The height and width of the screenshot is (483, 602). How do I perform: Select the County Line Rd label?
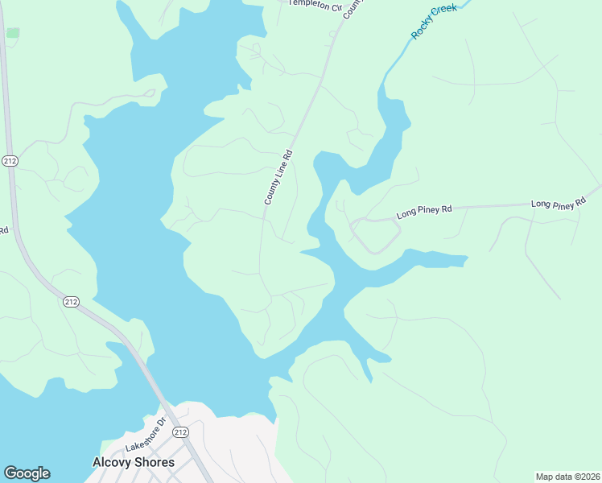click(278, 182)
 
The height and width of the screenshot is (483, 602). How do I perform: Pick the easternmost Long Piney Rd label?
click(559, 204)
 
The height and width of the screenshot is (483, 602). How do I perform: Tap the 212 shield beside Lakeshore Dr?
click(180, 432)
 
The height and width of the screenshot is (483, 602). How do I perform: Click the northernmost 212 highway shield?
click(10, 160)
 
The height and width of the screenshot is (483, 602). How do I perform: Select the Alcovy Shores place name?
click(134, 462)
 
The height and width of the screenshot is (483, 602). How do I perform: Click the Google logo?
click(27, 473)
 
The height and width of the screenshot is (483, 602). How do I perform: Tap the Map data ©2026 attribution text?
click(567, 476)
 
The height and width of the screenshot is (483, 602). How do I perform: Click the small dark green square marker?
click(13, 33)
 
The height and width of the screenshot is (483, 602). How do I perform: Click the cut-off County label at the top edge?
click(353, 10)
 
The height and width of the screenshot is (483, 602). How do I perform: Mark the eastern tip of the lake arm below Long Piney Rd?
click(465, 260)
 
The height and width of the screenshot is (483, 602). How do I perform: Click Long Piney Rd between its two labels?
click(491, 207)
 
